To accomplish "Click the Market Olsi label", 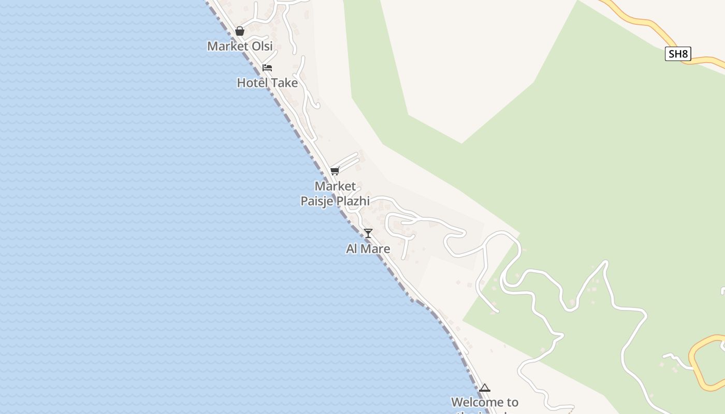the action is pyautogui.click(x=240, y=46).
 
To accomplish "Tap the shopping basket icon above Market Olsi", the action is pyautogui.click(x=240, y=32).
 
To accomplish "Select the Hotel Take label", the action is pyautogui.click(x=267, y=83).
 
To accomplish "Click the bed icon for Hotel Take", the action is pyautogui.click(x=267, y=68).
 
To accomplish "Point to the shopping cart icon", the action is pyautogui.click(x=335, y=171).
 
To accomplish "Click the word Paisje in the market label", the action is pyautogui.click(x=317, y=201).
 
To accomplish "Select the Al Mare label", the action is pyautogui.click(x=368, y=249).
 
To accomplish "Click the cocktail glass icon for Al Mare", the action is pyautogui.click(x=368, y=233).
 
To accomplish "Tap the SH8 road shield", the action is pyautogui.click(x=678, y=54).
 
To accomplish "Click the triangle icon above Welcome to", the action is pyautogui.click(x=485, y=388).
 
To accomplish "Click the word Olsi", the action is pyautogui.click(x=262, y=46).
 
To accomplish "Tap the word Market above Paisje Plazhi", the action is pyautogui.click(x=335, y=186).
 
